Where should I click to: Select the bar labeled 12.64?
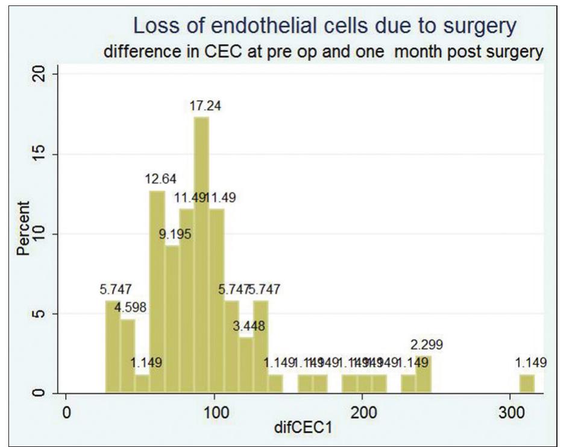click(x=157, y=292)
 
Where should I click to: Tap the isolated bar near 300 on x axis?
click(x=527, y=384)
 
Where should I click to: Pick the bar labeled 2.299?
click(x=424, y=375)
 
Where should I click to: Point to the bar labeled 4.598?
click(x=128, y=356)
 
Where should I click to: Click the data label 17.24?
click(x=201, y=106)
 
